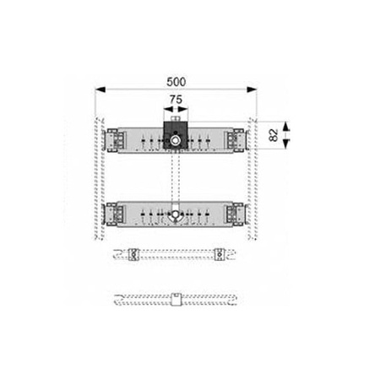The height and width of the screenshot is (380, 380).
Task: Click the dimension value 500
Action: (x=176, y=82)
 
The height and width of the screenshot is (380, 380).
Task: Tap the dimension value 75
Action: (x=176, y=100)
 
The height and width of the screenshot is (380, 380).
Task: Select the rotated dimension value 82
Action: (x=274, y=135)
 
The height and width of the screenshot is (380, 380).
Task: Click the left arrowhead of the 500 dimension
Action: (x=100, y=90)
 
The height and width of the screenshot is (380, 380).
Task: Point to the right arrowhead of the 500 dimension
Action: (x=252, y=90)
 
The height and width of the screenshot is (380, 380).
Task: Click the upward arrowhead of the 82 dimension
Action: (x=285, y=126)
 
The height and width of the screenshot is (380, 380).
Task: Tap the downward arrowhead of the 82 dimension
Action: (x=285, y=144)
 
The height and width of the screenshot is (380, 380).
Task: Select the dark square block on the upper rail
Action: (x=176, y=135)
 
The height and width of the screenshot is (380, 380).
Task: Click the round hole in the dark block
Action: (x=176, y=140)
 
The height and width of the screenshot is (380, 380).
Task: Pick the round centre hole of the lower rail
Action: (x=176, y=214)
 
